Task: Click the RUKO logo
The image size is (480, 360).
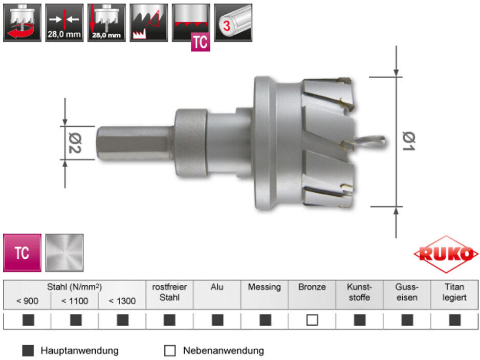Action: point(446,254)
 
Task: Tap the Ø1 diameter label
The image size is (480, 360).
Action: point(409,141)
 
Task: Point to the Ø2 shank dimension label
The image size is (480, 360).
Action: point(75,143)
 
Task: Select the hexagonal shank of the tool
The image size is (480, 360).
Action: point(135,143)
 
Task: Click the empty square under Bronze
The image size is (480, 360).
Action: point(312,320)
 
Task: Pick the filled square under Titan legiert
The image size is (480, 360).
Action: point(454,320)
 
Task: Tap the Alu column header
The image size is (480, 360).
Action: point(217,287)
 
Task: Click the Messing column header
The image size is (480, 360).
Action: point(264,287)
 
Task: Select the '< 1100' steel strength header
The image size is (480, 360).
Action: point(75,301)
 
